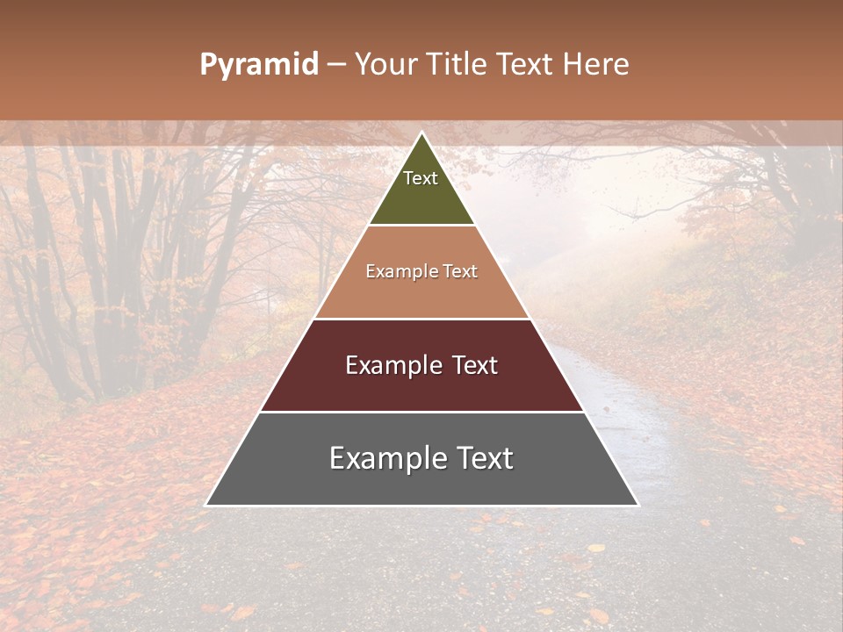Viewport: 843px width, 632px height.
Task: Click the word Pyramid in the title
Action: (258, 64)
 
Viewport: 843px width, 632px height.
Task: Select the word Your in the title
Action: (385, 64)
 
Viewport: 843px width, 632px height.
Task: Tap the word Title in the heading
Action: (456, 64)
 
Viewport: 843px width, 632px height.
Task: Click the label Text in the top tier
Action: (421, 178)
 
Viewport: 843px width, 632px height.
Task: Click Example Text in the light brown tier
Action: (421, 271)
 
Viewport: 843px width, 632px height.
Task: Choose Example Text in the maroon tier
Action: (421, 365)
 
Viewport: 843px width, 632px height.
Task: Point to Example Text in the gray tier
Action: (421, 458)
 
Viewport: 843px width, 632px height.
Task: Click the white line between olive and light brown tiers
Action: (422, 226)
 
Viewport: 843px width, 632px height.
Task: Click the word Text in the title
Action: (527, 64)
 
